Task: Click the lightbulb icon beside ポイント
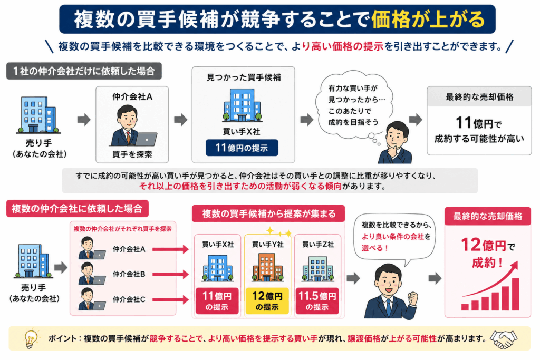tap(31, 339)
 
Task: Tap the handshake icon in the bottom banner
tap(504, 339)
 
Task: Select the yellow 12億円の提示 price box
tap(267, 301)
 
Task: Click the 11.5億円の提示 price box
tap(317, 301)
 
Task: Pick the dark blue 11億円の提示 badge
tap(242, 148)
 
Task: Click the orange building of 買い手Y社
tap(267, 267)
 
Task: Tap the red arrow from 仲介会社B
tap(170, 274)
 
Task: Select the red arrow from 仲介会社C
tap(170, 299)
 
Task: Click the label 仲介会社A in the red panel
tap(129, 249)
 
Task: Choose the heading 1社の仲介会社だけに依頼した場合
tap(84, 71)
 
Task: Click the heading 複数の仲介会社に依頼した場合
tap(77, 208)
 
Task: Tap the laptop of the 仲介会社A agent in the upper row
tap(146, 139)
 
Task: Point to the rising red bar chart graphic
tap(490, 286)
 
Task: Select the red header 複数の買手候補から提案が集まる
tap(268, 213)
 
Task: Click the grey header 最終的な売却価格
tap(479, 96)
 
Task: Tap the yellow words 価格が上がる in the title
tap(428, 19)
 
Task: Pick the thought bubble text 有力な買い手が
tap(353, 88)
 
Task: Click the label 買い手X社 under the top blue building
tap(242, 131)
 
